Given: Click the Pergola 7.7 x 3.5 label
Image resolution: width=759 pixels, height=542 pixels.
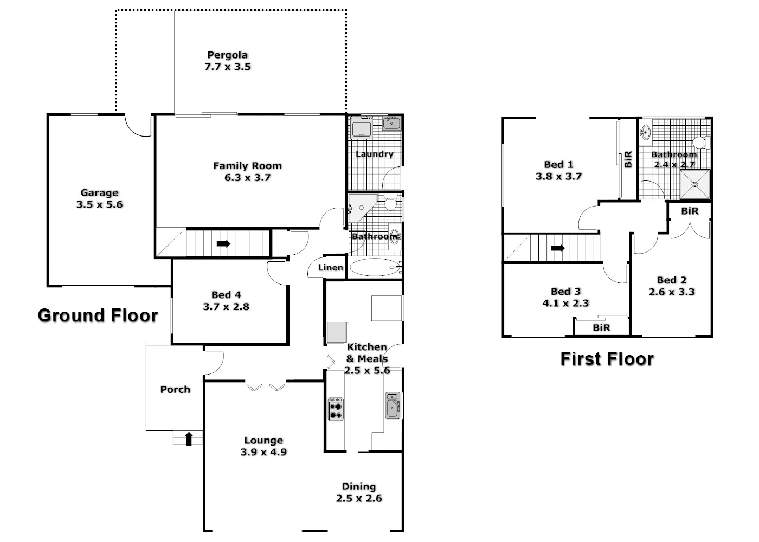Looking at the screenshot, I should click(228, 61).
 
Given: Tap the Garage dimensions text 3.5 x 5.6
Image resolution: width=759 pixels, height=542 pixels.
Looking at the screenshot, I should click(100, 204).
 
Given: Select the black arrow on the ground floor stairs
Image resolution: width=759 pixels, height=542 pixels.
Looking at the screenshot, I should click(223, 244).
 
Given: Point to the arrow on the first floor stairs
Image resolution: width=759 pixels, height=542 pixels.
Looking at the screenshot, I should click(557, 248).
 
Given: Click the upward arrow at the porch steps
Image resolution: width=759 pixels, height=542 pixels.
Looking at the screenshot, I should click(189, 438).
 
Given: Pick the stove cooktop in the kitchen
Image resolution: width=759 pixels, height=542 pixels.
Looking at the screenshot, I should click(336, 409).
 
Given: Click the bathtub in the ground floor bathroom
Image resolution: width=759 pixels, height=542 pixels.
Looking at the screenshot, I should click(374, 267).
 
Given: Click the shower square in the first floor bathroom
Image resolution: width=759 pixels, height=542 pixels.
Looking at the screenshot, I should click(694, 184).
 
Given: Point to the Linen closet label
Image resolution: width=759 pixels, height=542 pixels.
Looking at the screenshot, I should click(330, 268).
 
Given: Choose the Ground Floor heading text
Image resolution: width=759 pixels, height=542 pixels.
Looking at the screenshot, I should click(98, 315).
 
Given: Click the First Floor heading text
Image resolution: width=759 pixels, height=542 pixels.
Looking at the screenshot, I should click(607, 359).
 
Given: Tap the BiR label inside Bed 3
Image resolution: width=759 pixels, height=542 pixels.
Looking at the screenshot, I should click(601, 327).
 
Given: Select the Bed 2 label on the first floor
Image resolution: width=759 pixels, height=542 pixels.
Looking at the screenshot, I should click(671, 286).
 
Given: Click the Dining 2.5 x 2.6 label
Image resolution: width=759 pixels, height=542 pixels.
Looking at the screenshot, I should click(359, 493).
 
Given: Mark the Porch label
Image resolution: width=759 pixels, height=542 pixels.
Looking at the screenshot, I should click(175, 389).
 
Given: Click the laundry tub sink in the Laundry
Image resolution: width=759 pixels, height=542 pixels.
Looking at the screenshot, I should click(391, 124).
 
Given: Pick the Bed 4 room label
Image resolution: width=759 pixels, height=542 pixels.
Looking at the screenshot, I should click(226, 300).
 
